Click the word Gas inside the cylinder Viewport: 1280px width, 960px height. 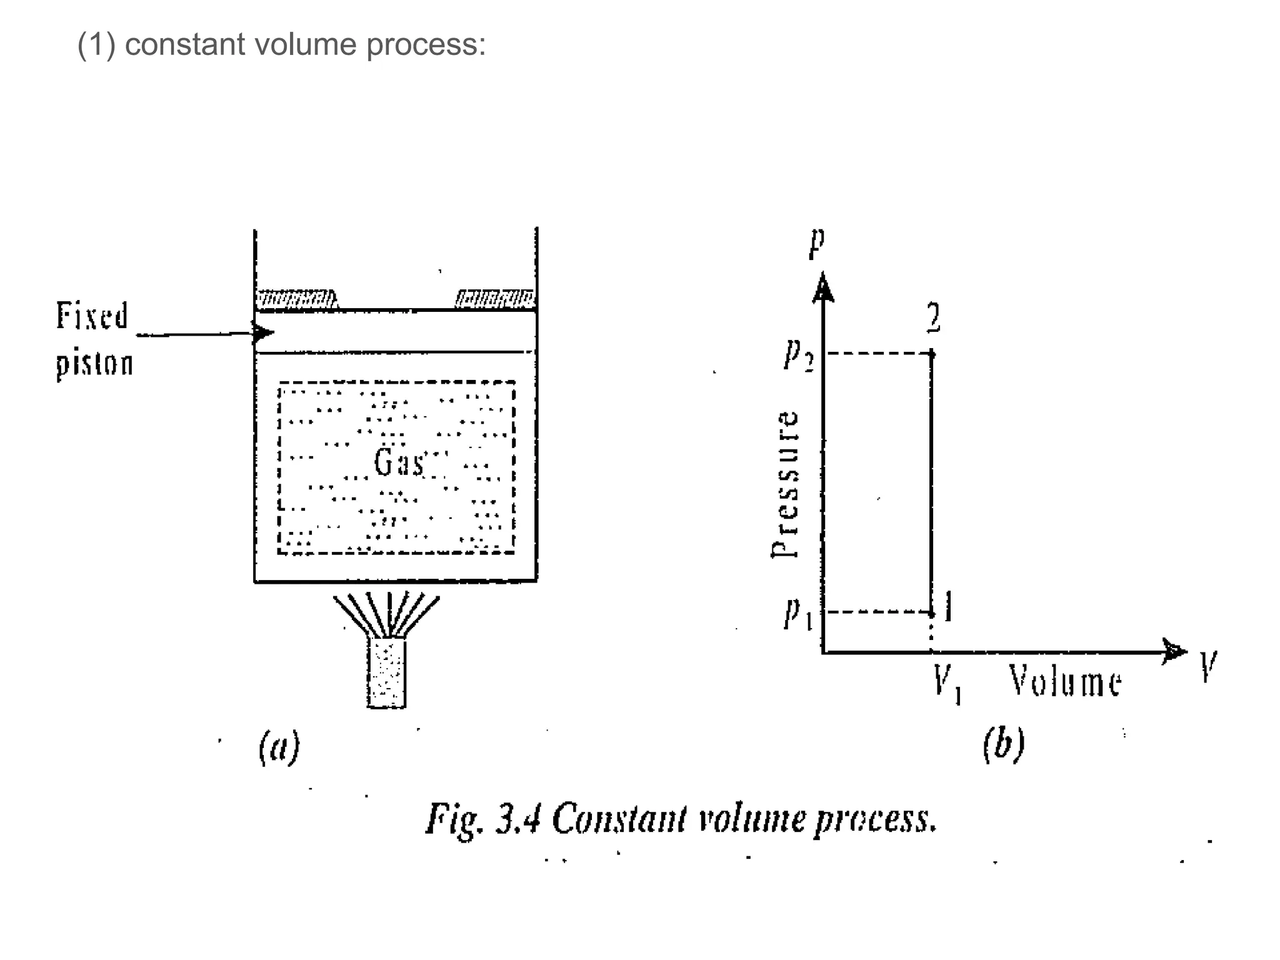tap(399, 462)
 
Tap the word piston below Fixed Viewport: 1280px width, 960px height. tap(94, 363)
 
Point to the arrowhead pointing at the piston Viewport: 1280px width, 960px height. tap(263, 332)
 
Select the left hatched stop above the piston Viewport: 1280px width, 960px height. tap(297, 299)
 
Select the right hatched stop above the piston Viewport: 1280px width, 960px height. tap(495, 299)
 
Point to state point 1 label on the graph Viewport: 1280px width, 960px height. tap(948, 607)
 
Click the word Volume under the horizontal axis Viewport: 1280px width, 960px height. tap(1065, 681)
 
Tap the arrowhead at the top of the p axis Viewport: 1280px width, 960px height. tap(823, 287)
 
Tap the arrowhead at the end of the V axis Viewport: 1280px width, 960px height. tap(1174, 651)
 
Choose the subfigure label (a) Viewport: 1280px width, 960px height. tap(279, 747)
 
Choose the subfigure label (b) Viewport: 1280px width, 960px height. tap(1003, 744)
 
